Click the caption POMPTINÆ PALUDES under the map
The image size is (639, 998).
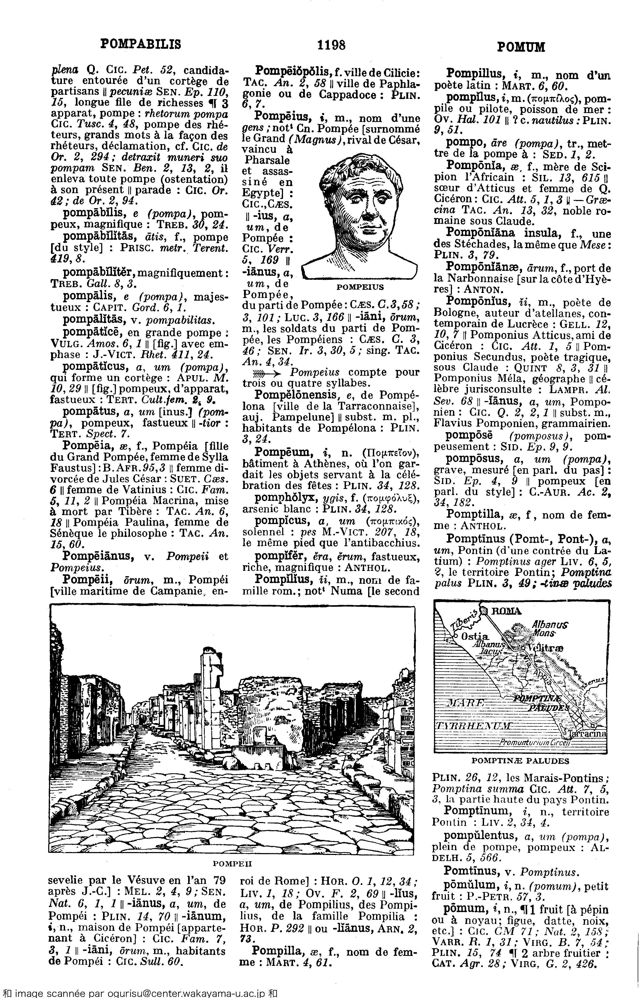point(520,761)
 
